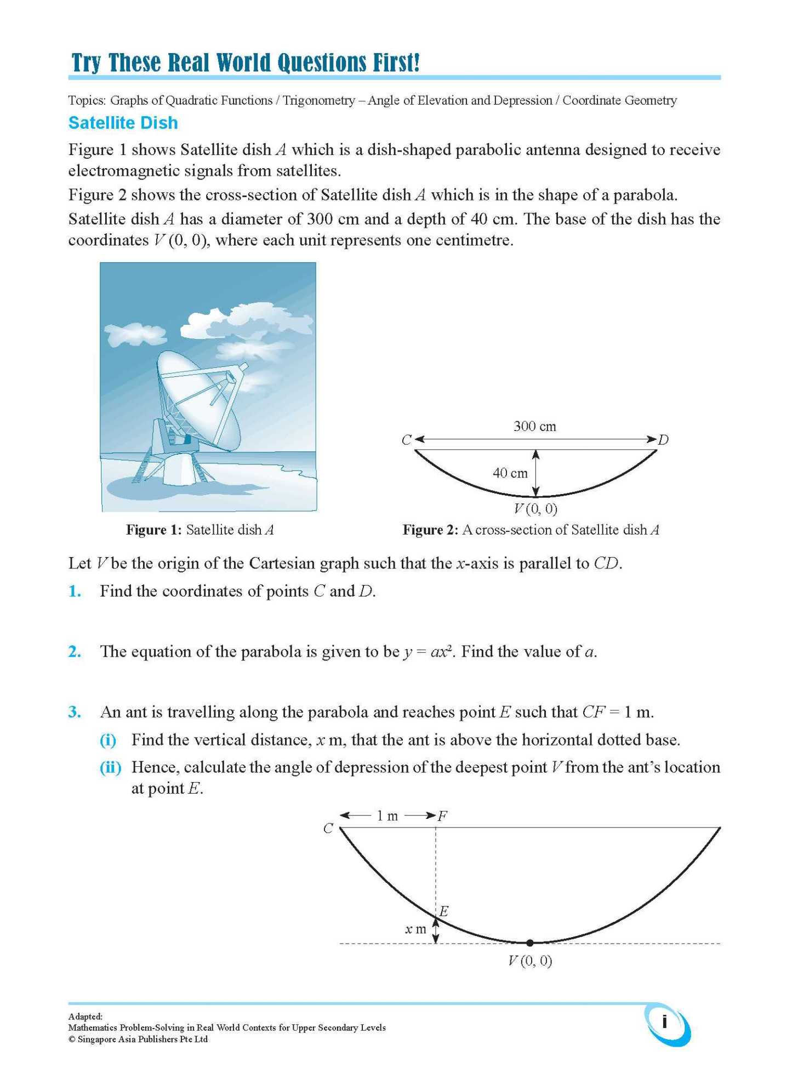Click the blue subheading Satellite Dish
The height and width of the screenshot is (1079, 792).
123,123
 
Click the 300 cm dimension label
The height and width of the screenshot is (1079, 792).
534,426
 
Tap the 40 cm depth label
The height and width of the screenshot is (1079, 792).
510,473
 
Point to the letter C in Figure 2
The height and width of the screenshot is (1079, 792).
406,440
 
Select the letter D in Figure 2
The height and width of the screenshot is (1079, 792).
663,440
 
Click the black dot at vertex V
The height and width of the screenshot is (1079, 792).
529,943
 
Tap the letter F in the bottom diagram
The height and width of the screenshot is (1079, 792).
443,816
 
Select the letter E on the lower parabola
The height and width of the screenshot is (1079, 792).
444,911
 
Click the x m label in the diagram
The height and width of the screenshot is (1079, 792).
415,929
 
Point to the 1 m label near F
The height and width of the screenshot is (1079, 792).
387,816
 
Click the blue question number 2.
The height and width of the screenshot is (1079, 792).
75,652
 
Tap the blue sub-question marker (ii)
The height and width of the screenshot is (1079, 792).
110,767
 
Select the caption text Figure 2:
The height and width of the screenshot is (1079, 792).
430,530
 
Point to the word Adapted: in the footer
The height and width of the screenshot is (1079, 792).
85,1017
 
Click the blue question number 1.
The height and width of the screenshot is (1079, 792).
75,592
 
